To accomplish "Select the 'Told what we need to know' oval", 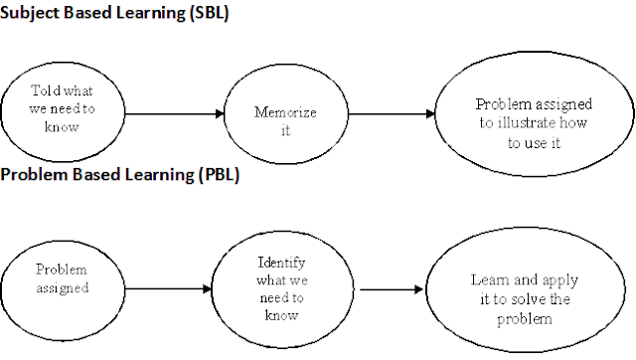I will [62, 109].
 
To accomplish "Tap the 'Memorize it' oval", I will [286, 112].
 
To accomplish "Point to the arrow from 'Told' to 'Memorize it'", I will [173, 112].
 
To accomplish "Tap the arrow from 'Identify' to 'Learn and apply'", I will [388, 290].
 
